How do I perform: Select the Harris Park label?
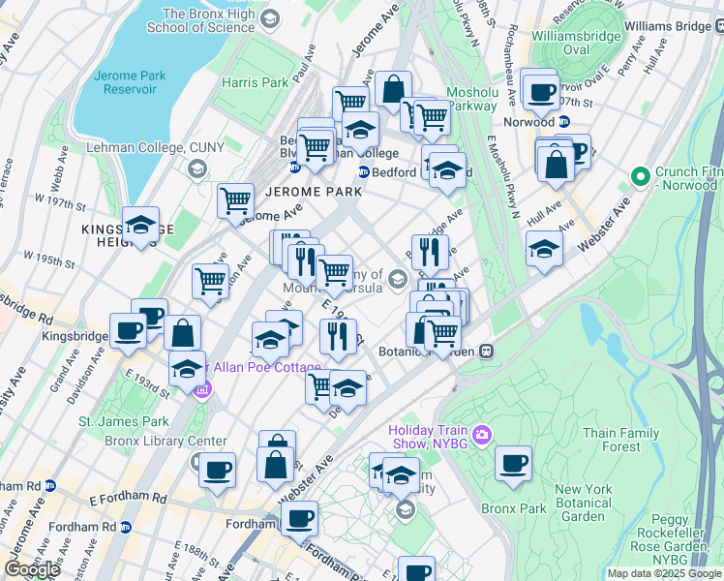click(x=256, y=83)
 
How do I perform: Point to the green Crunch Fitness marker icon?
click(x=639, y=177)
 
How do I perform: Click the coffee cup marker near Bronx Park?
click(x=513, y=465)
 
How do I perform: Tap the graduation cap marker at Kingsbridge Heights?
click(x=140, y=226)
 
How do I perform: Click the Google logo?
click(x=33, y=569)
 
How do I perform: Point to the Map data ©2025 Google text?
click(x=664, y=573)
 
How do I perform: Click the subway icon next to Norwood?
click(x=563, y=123)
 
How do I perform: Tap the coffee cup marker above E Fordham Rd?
click(x=217, y=472)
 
